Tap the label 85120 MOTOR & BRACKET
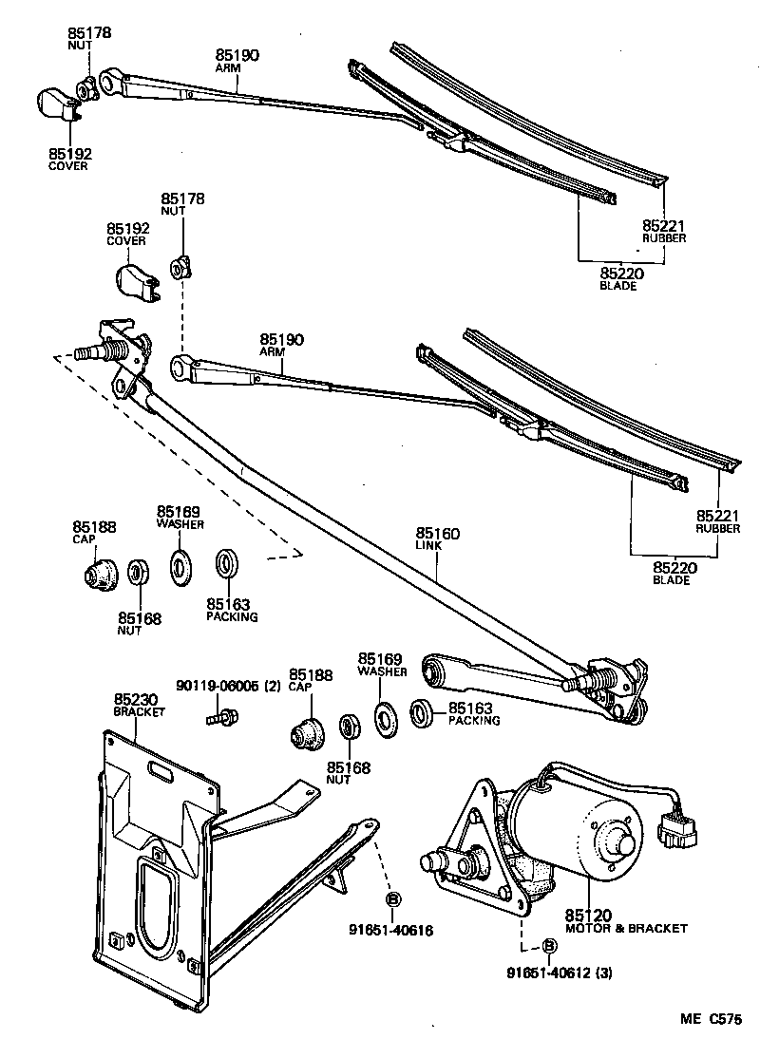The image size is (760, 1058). tap(625, 921)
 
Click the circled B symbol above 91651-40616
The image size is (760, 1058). tap(391, 898)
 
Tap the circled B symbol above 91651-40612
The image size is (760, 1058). tap(549, 946)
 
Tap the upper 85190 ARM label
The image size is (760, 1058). tap(237, 61)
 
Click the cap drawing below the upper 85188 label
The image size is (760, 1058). tap(97, 574)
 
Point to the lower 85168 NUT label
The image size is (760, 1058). tap(349, 773)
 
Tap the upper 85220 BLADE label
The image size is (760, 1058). tap(618, 278)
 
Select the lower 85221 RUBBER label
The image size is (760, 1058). tap(717, 521)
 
